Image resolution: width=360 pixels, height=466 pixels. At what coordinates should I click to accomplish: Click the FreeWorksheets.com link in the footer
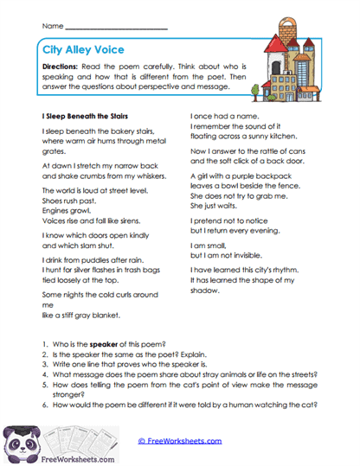180,440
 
